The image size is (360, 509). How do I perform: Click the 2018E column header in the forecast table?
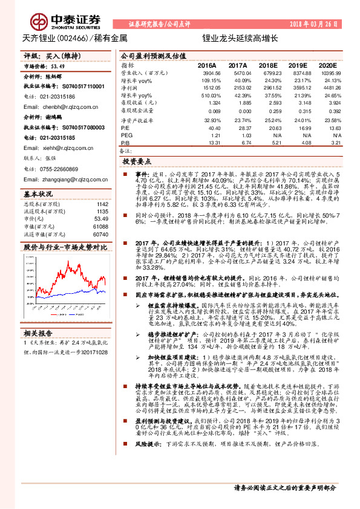267,65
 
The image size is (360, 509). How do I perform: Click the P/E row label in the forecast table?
126,128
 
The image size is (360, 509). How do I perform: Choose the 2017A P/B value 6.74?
240,143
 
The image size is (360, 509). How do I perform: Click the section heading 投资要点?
137,162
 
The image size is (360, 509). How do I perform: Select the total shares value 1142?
103,204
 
